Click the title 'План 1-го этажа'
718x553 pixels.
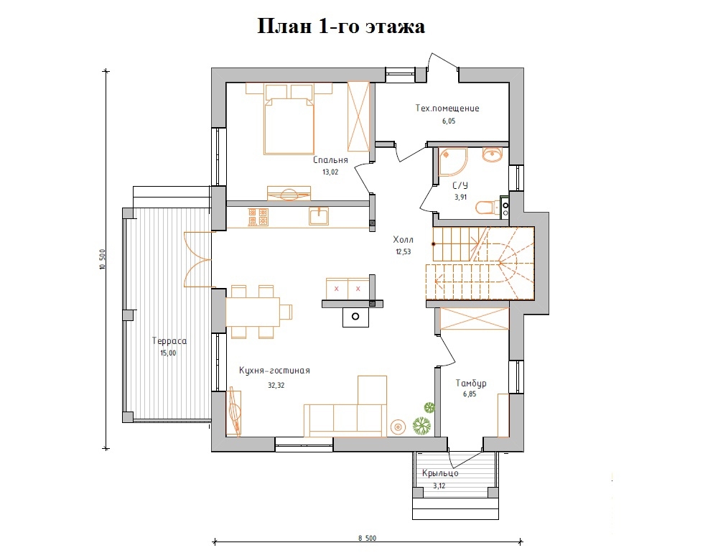tap(341, 27)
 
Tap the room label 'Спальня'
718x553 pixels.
tap(330, 161)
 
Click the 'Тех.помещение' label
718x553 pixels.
tap(447, 108)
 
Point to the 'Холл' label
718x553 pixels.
tap(402, 240)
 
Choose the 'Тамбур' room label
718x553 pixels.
tap(471, 384)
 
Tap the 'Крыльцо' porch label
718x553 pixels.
tap(440, 473)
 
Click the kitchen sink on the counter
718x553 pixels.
tap(318, 215)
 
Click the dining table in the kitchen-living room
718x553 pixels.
tap(253, 311)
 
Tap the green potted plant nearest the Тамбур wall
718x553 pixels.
tap(429, 407)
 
